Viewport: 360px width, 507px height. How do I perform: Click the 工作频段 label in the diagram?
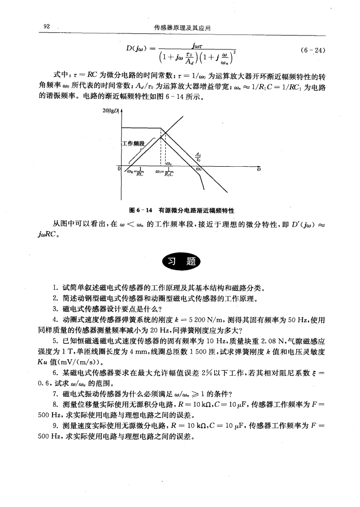click(x=135, y=142)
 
